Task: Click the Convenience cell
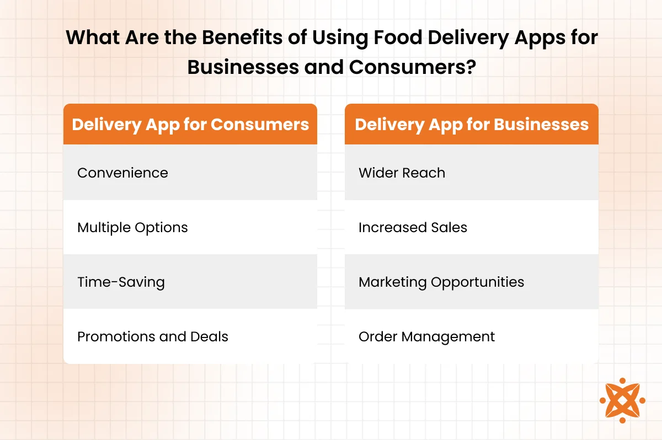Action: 190,172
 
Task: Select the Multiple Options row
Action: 190,227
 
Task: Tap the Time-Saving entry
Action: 190,282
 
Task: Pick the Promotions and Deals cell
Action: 190,336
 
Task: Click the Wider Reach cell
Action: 472,172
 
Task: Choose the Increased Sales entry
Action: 472,227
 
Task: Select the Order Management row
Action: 472,336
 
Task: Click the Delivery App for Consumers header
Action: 190,124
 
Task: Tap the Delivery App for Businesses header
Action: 472,124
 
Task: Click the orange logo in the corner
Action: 622,400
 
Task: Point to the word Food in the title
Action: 398,37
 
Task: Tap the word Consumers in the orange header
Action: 260,124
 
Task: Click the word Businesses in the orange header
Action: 541,124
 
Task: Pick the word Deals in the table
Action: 209,337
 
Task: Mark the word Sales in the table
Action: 449,227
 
